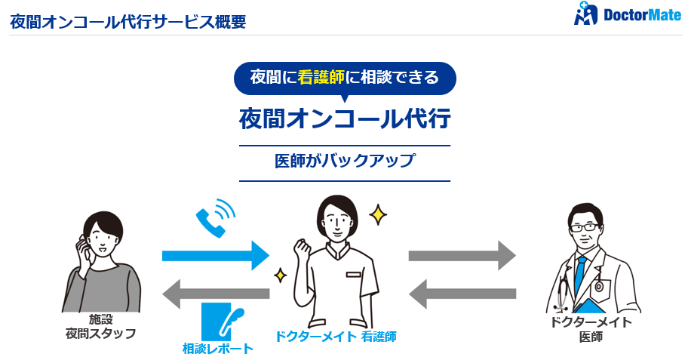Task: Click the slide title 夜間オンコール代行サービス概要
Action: point(127,21)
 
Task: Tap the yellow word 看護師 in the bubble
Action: point(322,77)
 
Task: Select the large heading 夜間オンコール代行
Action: point(345,118)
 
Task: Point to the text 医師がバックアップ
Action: point(345,161)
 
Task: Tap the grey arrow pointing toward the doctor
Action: point(462,256)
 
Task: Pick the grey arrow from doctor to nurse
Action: point(462,293)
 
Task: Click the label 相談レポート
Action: point(218,349)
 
